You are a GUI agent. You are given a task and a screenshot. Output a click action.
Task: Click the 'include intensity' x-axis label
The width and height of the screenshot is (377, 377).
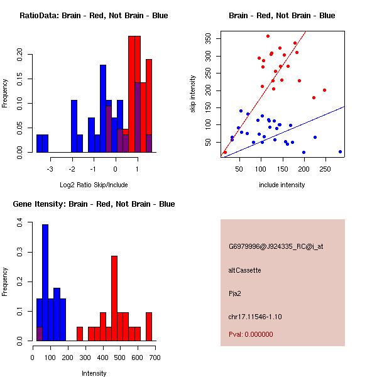282,185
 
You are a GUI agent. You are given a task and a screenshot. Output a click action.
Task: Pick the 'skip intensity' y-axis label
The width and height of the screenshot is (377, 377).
194,94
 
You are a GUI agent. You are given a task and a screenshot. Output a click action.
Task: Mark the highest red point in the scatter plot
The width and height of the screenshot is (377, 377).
268,36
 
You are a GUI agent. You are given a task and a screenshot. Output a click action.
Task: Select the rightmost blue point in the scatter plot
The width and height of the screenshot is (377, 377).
340,151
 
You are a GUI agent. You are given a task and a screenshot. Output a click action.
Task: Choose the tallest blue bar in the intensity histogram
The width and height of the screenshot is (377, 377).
45,283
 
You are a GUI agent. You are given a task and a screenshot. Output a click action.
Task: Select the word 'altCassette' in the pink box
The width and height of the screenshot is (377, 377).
245,270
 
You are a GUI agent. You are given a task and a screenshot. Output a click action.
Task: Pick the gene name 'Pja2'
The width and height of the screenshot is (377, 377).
236,293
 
